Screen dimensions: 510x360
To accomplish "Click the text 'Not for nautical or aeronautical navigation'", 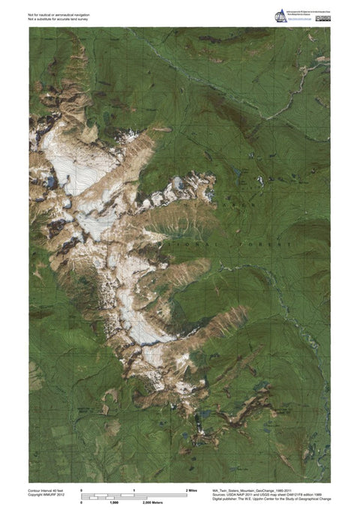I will [x=55, y=13].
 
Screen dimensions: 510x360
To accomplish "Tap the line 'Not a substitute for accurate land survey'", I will [x=55, y=19].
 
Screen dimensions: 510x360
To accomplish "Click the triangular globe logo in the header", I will [x=280, y=15].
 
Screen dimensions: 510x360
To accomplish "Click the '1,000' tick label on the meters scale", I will [x=114, y=501].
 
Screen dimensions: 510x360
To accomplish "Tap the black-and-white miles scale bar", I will [x=133, y=493].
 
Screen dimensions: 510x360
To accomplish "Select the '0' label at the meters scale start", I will [x=81, y=501].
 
